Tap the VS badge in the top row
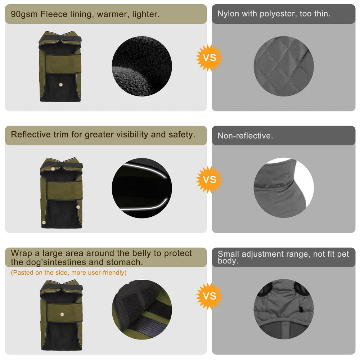click(209, 58)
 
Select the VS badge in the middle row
click(209, 180)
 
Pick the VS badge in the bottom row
click(209, 296)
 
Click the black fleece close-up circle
click(142, 66)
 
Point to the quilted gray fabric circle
click(284, 66)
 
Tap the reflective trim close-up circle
click(142, 188)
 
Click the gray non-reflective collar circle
click(284, 188)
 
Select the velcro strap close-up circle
click(142, 310)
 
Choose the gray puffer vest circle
click(284, 309)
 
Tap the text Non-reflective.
click(245, 136)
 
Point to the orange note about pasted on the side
click(69, 273)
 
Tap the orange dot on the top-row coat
click(61, 85)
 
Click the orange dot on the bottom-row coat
click(62, 314)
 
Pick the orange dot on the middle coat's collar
click(53, 169)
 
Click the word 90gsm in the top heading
click(24, 14)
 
